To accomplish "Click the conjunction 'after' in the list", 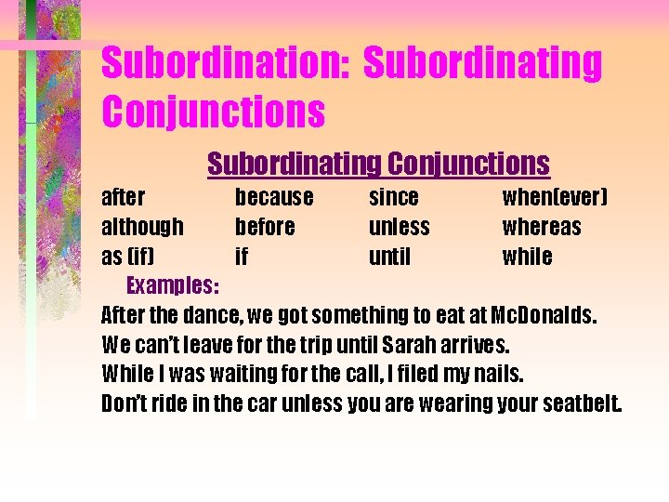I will (123, 198).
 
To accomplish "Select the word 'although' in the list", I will (142, 228).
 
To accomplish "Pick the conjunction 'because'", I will (274, 198).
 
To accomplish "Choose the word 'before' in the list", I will (265, 228).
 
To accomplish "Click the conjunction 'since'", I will (394, 198).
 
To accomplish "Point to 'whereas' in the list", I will (542, 228).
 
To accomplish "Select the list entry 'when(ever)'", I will (555, 198).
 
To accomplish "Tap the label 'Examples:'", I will (173, 284).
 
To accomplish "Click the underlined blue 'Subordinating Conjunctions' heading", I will (378, 164).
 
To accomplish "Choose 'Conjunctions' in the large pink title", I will (213, 111).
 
